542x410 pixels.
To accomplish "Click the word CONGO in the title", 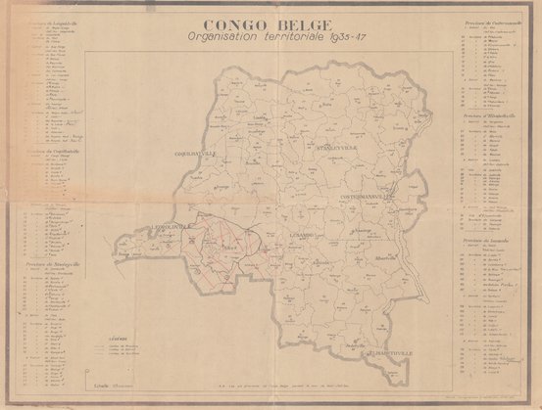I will click(x=232, y=26).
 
